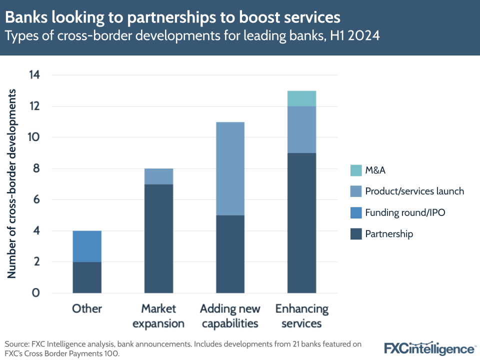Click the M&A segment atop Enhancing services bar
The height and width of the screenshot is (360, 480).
[x=301, y=98]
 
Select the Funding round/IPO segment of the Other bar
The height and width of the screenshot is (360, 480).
[x=87, y=246]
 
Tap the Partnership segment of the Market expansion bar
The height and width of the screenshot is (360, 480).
[x=158, y=238]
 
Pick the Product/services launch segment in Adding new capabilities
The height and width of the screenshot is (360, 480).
[x=230, y=168]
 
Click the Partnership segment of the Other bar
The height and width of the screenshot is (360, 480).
[x=87, y=277]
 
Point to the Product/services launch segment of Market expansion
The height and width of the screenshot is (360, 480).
[x=158, y=176]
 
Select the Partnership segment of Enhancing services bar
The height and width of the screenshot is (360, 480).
[x=301, y=223]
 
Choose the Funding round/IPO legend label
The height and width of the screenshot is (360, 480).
[x=405, y=212]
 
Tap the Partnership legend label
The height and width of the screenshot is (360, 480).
[x=389, y=234]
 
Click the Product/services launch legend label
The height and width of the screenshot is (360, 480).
[x=414, y=191]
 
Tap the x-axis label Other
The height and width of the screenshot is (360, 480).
[x=87, y=308]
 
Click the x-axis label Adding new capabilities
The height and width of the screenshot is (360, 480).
[x=230, y=316]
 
